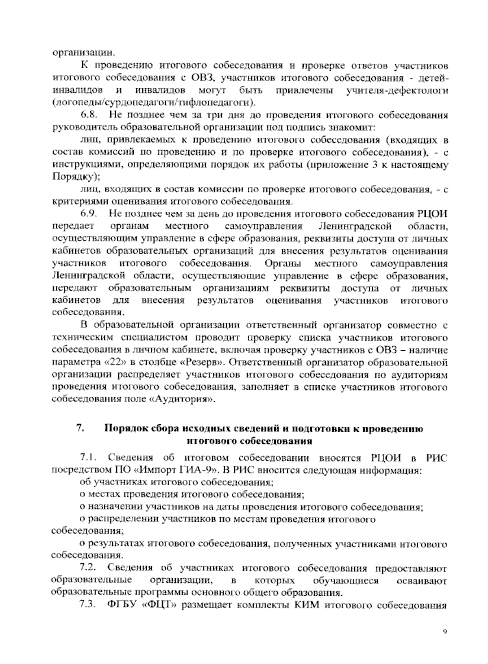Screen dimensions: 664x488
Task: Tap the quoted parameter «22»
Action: pyautogui.click(x=105, y=362)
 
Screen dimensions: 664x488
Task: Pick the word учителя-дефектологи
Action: pyautogui.click(x=397, y=90)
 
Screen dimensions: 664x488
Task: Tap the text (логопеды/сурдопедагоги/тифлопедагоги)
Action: pyautogui.click(x=154, y=102)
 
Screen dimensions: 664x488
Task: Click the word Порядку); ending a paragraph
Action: pyautogui.click(x=76, y=177)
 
